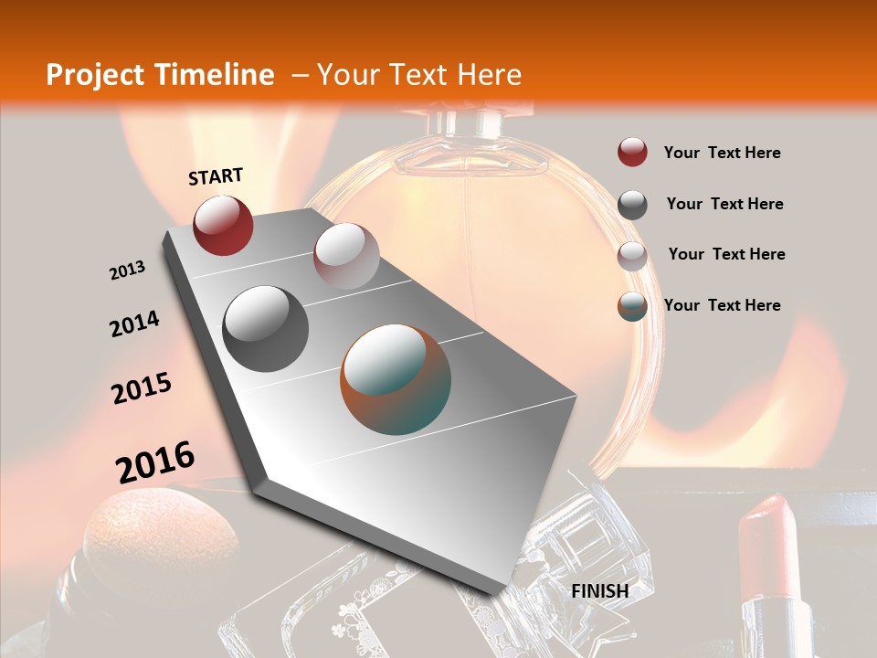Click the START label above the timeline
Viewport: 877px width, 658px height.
(216, 176)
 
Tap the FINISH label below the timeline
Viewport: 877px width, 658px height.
(600, 591)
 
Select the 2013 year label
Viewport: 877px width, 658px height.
(127, 271)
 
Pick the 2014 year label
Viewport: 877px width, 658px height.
(134, 324)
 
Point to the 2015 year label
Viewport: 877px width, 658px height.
(142, 389)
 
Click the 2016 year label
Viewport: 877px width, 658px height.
(155, 462)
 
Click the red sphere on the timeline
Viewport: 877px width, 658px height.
(223, 225)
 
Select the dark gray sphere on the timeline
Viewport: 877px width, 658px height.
(266, 328)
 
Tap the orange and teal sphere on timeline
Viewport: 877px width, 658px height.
(396, 379)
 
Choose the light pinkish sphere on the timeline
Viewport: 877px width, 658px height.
(346, 255)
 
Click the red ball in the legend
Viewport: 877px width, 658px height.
(632, 153)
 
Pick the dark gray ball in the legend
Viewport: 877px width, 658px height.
(632, 205)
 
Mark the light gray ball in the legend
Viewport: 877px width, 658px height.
(632, 255)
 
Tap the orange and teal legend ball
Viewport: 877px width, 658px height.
(632, 306)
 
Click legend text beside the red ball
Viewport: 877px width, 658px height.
(722, 153)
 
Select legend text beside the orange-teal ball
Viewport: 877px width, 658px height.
(722, 305)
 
